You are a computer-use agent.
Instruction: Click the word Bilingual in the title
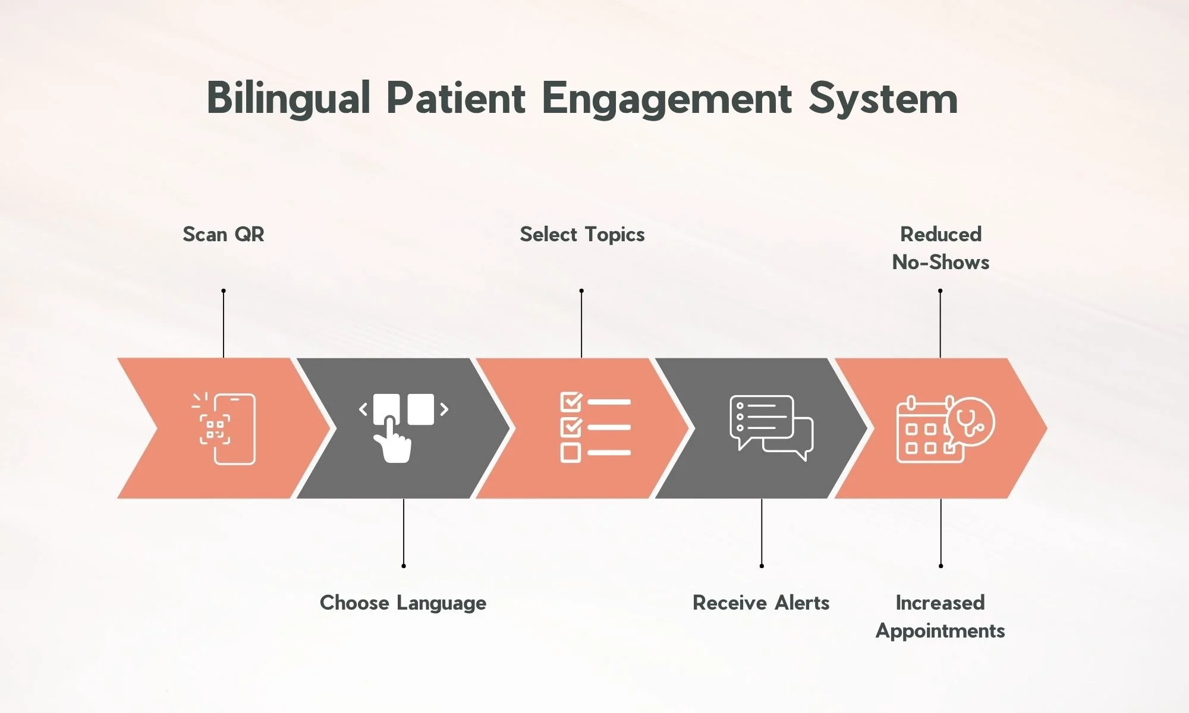pyautogui.click(x=288, y=99)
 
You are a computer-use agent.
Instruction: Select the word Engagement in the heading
pyautogui.click(x=666, y=99)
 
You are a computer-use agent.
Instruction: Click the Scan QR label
pyautogui.click(x=224, y=234)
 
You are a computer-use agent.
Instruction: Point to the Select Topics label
pyautogui.click(x=582, y=234)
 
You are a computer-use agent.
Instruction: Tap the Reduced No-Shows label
pyautogui.click(x=940, y=248)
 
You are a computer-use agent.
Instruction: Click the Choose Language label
pyautogui.click(x=403, y=602)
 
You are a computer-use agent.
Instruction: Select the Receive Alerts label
pyautogui.click(x=761, y=602)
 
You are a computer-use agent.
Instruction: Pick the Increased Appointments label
pyautogui.click(x=940, y=616)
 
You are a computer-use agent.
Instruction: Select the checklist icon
pyautogui.click(x=595, y=427)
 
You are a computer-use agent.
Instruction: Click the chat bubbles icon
pyautogui.click(x=771, y=427)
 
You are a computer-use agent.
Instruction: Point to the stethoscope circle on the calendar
pyautogui.click(x=971, y=421)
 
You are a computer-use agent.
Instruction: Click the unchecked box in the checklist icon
pyautogui.click(x=571, y=453)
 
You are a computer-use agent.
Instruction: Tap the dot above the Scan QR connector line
pyautogui.click(x=224, y=291)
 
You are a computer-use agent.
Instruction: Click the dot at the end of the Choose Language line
pyautogui.click(x=404, y=566)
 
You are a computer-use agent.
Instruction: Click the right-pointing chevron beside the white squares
pyautogui.click(x=444, y=409)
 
